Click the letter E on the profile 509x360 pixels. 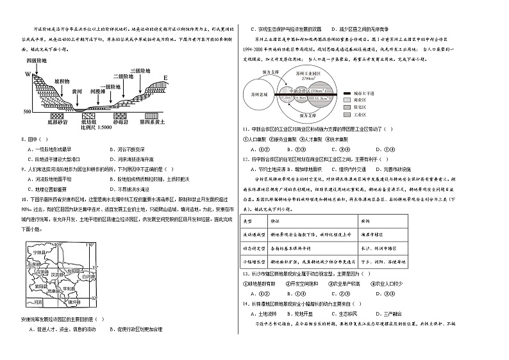pos(166,78)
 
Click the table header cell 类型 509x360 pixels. pos(249,219)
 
